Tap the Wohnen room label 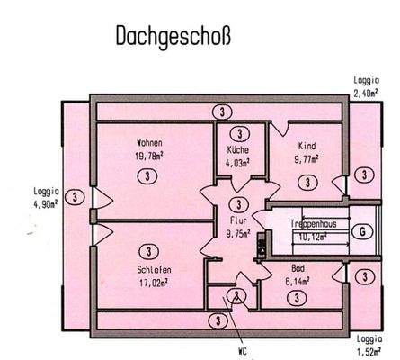pyautogui.click(x=149, y=142)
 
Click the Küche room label pyautogui.click(x=238, y=150)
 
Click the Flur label pyautogui.click(x=237, y=219)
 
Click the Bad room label pyautogui.click(x=298, y=268)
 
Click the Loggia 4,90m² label pyautogui.click(x=43, y=197)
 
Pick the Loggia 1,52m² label pyautogui.click(x=369, y=345)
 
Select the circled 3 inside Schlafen pyautogui.click(x=145, y=252)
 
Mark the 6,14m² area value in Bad pyautogui.click(x=298, y=280)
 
